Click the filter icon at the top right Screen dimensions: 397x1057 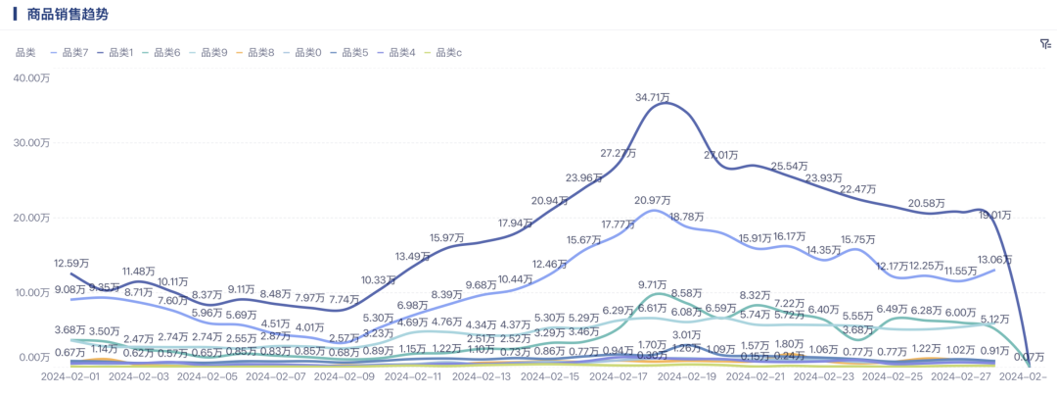click(x=1045, y=44)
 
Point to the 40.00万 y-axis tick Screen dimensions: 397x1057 click(x=31, y=78)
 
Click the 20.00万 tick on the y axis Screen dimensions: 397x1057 click(x=31, y=218)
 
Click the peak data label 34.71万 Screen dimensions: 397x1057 click(x=653, y=97)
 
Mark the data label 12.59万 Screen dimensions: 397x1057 click(x=72, y=263)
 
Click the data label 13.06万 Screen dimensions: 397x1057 click(x=994, y=259)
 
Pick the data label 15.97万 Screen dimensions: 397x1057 click(x=447, y=238)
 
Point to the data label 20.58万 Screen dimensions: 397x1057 click(x=927, y=203)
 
